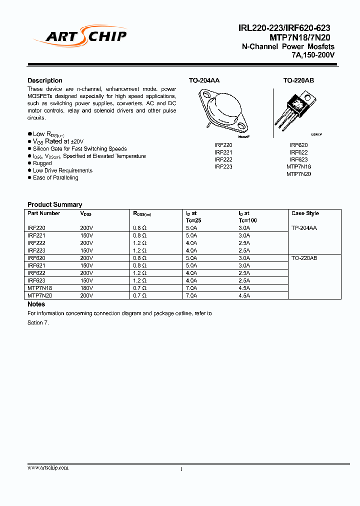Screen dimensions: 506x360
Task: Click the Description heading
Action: [x=45, y=80]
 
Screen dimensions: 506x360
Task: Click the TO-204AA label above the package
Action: [x=204, y=80]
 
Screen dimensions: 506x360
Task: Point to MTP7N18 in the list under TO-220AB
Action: [x=298, y=166]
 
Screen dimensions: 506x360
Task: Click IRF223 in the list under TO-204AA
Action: [x=223, y=166]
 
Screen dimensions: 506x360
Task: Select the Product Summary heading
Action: [x=54, y=204]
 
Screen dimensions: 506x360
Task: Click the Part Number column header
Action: [x=44, y=213]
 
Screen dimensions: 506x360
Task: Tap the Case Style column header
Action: [x=305, y=213]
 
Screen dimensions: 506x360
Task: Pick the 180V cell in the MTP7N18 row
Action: [x=86, y=288]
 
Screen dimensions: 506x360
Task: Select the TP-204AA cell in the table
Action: [x=304, y=228]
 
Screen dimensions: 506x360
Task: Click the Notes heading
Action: [x=36, y=304]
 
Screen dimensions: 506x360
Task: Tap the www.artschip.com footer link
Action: [x=48, y=467]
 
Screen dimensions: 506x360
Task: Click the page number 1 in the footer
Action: [x=181, y=469]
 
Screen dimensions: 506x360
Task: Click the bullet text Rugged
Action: [x=42, y=163]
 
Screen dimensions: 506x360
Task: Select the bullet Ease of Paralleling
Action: [x=55, y=177]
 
